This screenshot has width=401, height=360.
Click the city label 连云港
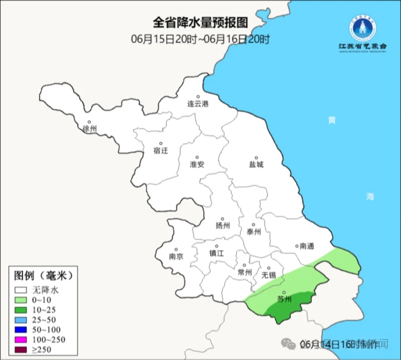tap(197, 104)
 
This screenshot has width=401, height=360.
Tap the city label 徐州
tap(89, 129)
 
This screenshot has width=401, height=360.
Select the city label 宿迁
tap(160, 150)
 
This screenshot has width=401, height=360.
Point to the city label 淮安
tap(197, 164)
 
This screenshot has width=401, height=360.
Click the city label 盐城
tap(256, 164)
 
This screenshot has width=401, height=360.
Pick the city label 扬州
tap(223, 226)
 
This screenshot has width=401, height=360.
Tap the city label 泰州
tap(253, 232)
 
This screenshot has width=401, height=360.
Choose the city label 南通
tap(307, 246)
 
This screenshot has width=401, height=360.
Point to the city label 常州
tap(244, 272)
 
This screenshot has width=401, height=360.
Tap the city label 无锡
tap(268, 275)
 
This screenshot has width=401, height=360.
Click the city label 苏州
tap(284, 299)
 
